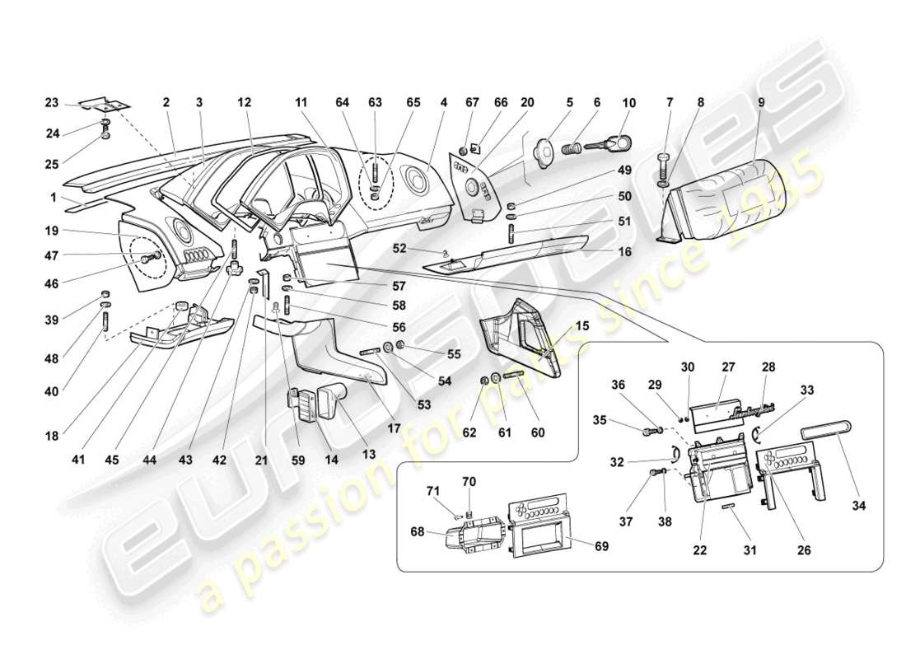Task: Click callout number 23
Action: coord(51,103)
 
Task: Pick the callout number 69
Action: coord(602,547)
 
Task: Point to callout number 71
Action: coord(434,491)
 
